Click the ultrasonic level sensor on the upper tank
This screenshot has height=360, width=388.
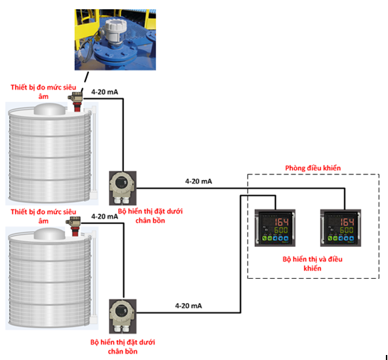(75, 102)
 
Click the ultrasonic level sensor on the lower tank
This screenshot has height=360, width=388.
(73, 226)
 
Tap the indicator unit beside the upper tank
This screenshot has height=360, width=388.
(122, 188)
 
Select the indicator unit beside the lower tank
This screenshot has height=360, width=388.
(122, 317)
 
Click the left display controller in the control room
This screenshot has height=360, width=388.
(276, 228)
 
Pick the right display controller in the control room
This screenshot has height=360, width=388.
(341, 228)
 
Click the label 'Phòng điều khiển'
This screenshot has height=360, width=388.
(313, 168)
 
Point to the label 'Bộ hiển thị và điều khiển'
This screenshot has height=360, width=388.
(313, 263)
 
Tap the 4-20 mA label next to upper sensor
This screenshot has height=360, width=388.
(105, 92)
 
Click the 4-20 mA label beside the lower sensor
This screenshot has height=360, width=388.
(105, 216)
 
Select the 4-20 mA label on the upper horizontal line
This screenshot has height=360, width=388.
(199, 181)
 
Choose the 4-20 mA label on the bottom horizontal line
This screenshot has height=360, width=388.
(189, 306)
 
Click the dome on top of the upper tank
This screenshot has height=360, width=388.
(50, 110)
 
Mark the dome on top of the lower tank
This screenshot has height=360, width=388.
(50, 234)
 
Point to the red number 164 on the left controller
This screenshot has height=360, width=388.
(281, 222)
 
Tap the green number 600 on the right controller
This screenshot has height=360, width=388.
(347, 231)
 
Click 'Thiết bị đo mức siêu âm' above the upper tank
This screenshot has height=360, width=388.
(43, 92)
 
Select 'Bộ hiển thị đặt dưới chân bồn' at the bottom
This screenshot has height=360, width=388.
(122, 346)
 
